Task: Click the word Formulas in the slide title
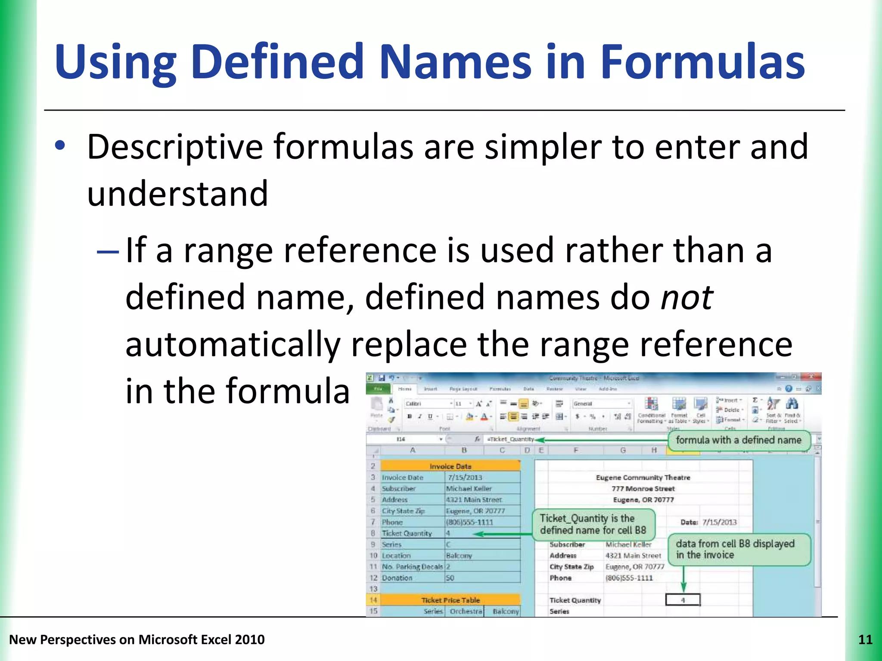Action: click(702, 62)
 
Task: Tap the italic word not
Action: click(686, 298)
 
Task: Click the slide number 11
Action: click(865, 639)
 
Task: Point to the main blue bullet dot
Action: click(60, 145)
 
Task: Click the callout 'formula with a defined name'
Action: click(738, 440)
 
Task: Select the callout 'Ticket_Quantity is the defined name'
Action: click(593, 524)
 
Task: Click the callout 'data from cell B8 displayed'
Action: click(738, 549)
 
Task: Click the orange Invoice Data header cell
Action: click(450, 466)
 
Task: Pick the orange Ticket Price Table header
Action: click(450, 600)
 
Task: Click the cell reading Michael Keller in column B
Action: click(469, 488)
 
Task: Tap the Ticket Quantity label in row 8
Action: click(407, 534)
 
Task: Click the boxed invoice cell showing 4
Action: click(683, 600)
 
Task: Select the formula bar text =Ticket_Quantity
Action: click(510, 439)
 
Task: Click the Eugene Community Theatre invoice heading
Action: click(643, 477)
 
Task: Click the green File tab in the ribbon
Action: click(378, 389)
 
